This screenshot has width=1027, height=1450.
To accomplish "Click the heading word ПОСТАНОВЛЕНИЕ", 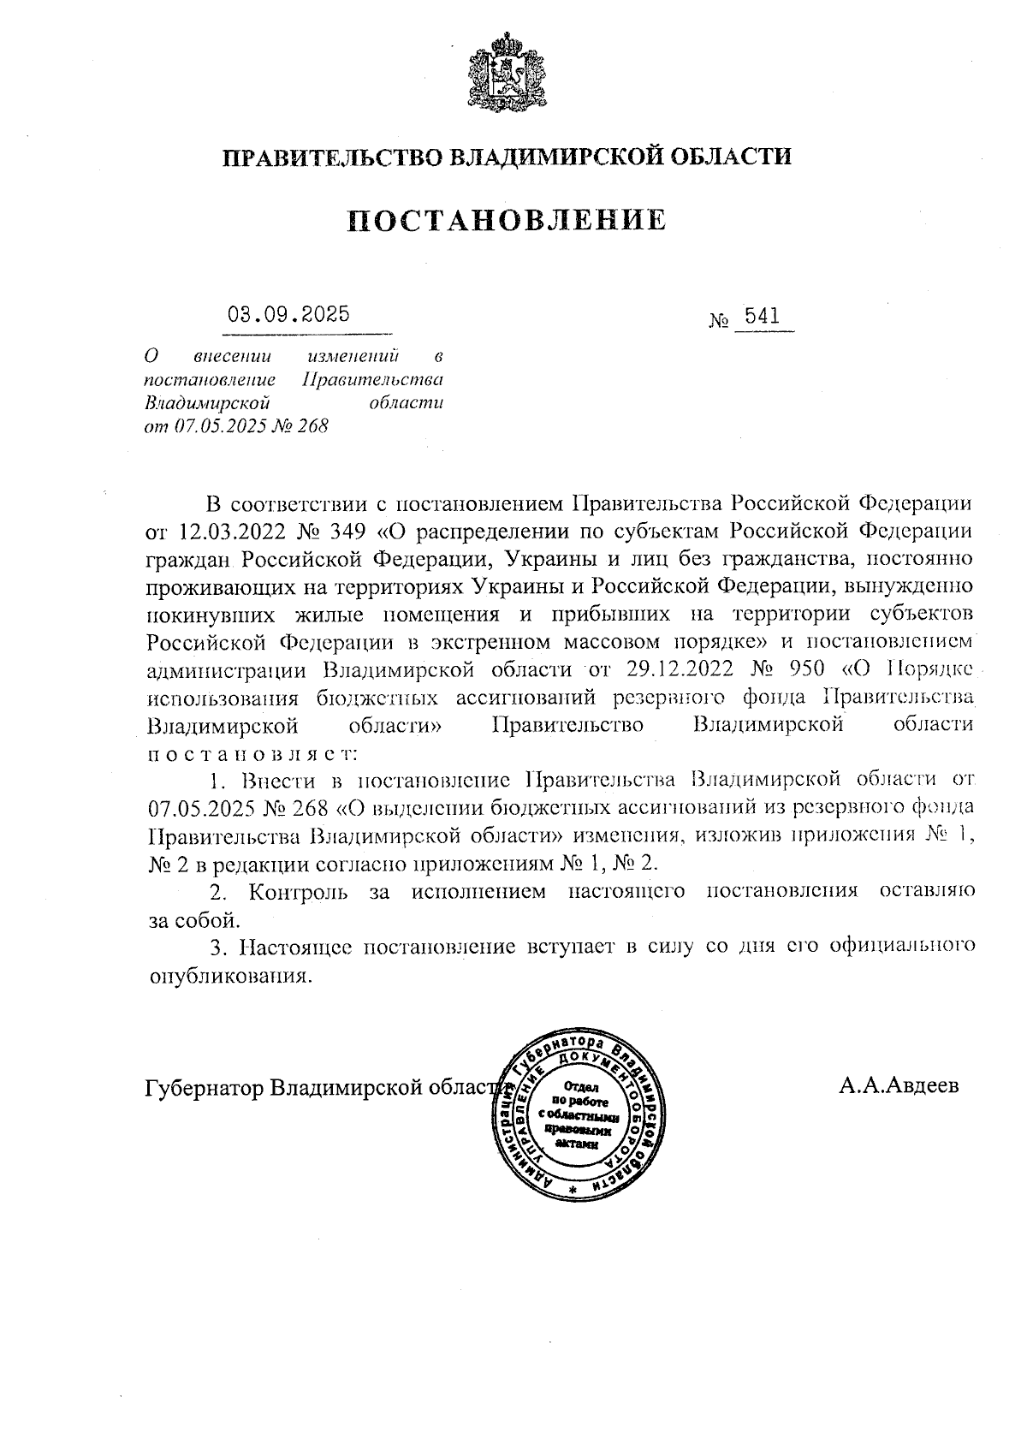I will click(x=507, y=220).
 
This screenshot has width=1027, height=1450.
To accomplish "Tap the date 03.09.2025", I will click(x=288, y=314).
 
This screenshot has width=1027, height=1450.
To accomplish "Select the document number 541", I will click(x=762, y=317).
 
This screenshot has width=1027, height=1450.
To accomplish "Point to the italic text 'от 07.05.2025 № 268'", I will click(x=237, y=426).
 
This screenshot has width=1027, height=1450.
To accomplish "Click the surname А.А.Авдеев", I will click(x=899, y=1086).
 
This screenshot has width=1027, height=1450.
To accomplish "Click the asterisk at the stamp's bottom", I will click(x=573, y=1191).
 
